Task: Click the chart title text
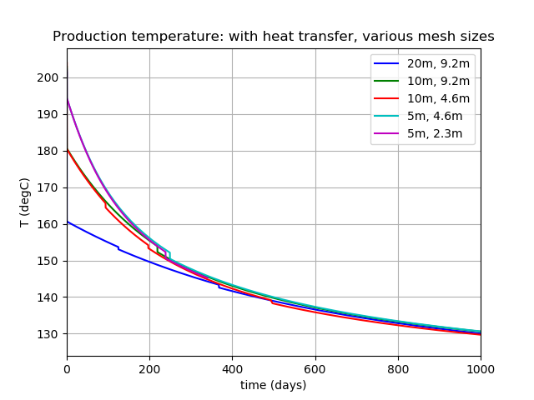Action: (x=274, y=37)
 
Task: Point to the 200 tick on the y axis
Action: (x=51, y=77)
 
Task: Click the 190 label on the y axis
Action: (x=51, y=114)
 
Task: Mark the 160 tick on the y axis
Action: (x=51, y=224)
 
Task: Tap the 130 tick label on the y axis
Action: (x=51, y=334)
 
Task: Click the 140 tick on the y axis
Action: (x=51, y=297)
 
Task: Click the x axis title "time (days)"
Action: (x=274, y=385)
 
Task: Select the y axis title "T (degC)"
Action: (x=25, y=202)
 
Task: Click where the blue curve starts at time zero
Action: (x=68, y=222)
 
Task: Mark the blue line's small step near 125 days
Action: (x=118, y=247)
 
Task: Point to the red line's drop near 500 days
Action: (x=273, y=302)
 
